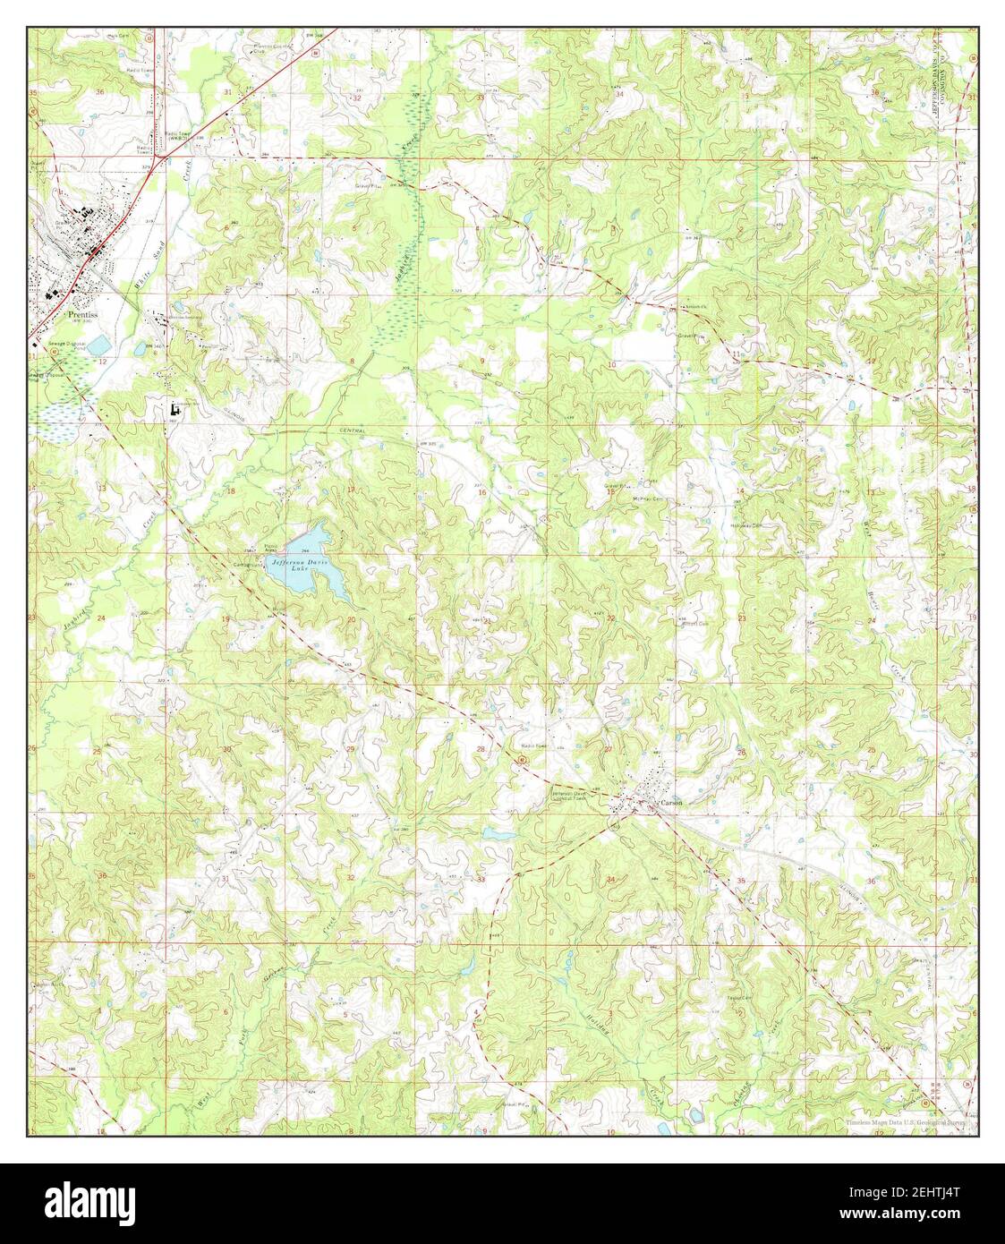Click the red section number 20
[x=351, y=619]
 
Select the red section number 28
[x=481, y=748]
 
